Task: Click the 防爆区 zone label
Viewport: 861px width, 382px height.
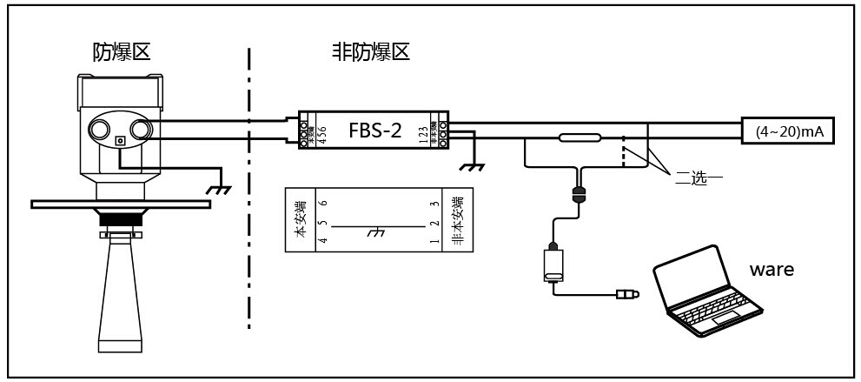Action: (x=122, y=52)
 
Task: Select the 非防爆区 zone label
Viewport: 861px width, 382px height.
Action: (x=371, y=52)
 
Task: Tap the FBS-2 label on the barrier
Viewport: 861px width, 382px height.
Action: (x=374, y=131)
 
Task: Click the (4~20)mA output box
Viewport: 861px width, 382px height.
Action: (x=788, y=131)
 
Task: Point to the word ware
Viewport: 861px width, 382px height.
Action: (x=772, y=269)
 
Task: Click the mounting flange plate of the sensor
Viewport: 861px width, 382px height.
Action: (x=121, y=204)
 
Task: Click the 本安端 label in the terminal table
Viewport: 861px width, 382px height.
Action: (x=301, y=219)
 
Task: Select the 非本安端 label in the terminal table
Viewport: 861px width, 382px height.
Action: (x=457, y=219)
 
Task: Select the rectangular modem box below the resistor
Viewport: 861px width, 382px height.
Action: (x=553, y=263)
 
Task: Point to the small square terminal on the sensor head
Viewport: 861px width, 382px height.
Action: (x=121, y=142)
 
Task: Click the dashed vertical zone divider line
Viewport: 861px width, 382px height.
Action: (x=249, y=191)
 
